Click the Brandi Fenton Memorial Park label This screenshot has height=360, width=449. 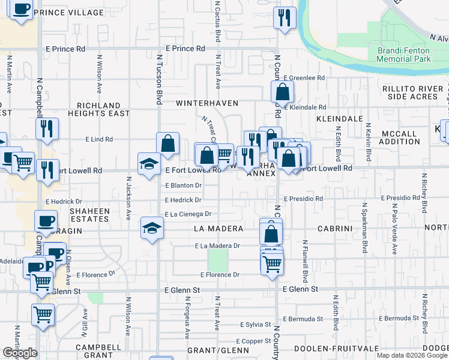click(x=404, y=55)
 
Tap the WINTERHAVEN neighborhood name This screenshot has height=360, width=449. click(x=207, y=103)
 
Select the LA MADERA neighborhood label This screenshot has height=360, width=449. click(x=218, y=229)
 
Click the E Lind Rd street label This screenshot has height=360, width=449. click(x=100, y=139)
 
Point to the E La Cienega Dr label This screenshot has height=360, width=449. click(x=188, y=214)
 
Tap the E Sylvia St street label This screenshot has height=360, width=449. click(x=255, y=325)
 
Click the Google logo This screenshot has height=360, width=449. click(x=20, y=353)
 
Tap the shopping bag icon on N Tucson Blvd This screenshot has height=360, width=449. click(x=168, y=144)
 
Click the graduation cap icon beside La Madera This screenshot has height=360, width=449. click(x=152, y=229)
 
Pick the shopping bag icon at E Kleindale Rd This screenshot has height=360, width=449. click(x=282, y=93)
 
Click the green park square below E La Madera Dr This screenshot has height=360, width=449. click(x=218, y=260)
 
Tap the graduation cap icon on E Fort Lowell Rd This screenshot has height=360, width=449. click(x=149, y=164)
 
